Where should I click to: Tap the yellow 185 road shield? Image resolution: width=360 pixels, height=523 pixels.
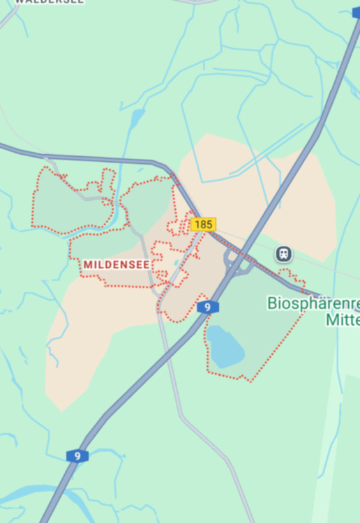click(203, 225)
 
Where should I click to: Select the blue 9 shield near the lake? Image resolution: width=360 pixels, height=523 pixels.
click(208, 307)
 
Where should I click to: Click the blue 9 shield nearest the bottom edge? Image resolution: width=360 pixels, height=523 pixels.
click(77, 456)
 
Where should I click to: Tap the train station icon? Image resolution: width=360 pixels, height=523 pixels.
click(283, 254)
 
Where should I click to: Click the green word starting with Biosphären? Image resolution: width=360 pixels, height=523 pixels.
click(314, 303)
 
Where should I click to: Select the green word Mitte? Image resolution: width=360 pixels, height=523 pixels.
click(342, 320)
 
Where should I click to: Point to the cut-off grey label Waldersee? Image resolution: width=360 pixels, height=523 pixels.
click(49, 2)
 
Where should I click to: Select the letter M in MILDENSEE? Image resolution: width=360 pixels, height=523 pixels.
click(87, 265)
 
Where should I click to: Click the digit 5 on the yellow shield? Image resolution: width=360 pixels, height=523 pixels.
click(209, 225)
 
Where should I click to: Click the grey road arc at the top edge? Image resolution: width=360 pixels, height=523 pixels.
click(195, 2)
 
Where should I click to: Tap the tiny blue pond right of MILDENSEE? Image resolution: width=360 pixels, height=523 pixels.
click(178, 263)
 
